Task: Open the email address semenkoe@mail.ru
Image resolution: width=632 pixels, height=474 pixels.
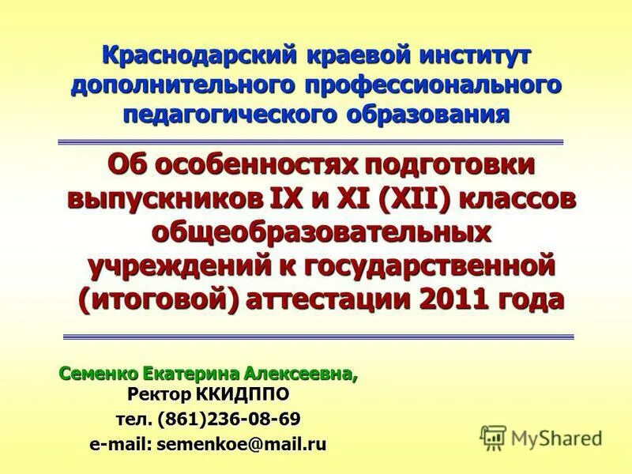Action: (241, 444)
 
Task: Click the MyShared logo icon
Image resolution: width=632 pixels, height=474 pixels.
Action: (493, 435)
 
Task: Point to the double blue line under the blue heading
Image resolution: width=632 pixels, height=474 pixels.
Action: (316, 141)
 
